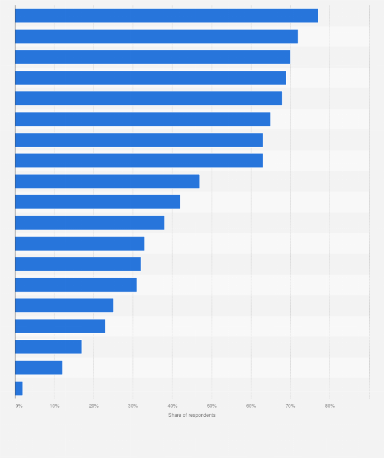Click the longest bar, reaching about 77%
click(166, 16)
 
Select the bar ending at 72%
click(156, 37)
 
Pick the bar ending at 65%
click(143, 119)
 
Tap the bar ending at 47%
click(107, 181)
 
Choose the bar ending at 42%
click(97, 202)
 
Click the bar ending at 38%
click(90, 223)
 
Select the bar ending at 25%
click(64, 305)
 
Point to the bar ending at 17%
click(48, 346)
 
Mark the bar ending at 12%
click(39, 367)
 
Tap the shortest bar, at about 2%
click(19, 388)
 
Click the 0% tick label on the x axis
click(19, 406)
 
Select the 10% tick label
click(54, 406)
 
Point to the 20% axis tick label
click(94, 406)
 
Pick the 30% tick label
click(133, 406)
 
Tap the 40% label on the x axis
click(172, 406)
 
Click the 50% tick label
click(212, 406)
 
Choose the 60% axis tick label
click(251, 406)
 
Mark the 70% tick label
click(290, 406)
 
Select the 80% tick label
click(330, 406)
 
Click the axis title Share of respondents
click(192, 415)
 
